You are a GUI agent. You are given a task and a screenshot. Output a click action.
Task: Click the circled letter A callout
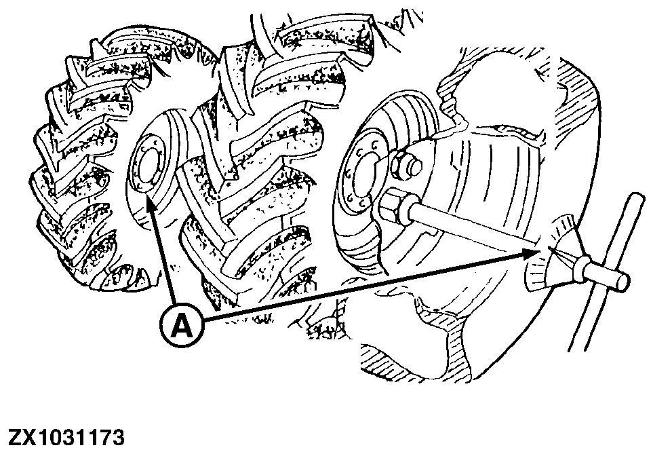(182, 326)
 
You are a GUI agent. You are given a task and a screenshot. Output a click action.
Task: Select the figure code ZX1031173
(66, 438)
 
